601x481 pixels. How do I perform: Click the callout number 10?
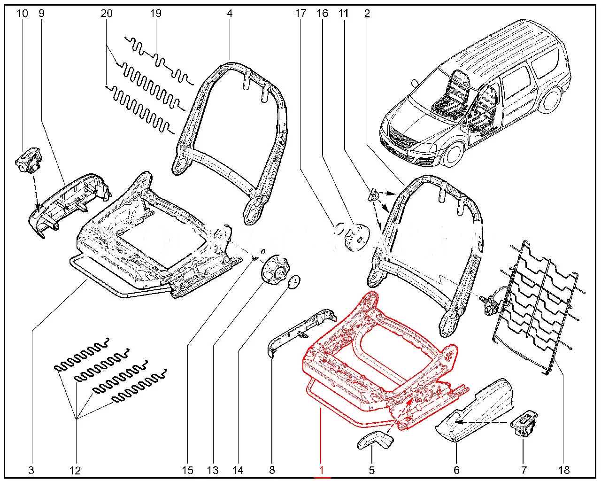coord(22,13)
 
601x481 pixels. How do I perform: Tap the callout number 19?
coord(156,13)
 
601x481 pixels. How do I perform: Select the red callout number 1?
coord(322,469)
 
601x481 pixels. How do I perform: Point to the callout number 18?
coord(564,469)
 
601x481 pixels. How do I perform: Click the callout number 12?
coord(75,470)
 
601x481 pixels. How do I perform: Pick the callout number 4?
coord(230,13)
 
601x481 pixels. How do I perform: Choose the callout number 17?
coord(300,13)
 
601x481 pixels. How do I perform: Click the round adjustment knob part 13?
coord(272,270)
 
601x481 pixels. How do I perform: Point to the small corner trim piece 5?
coord(376,440)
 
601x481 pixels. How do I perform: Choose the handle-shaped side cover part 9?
coord(70,202)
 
